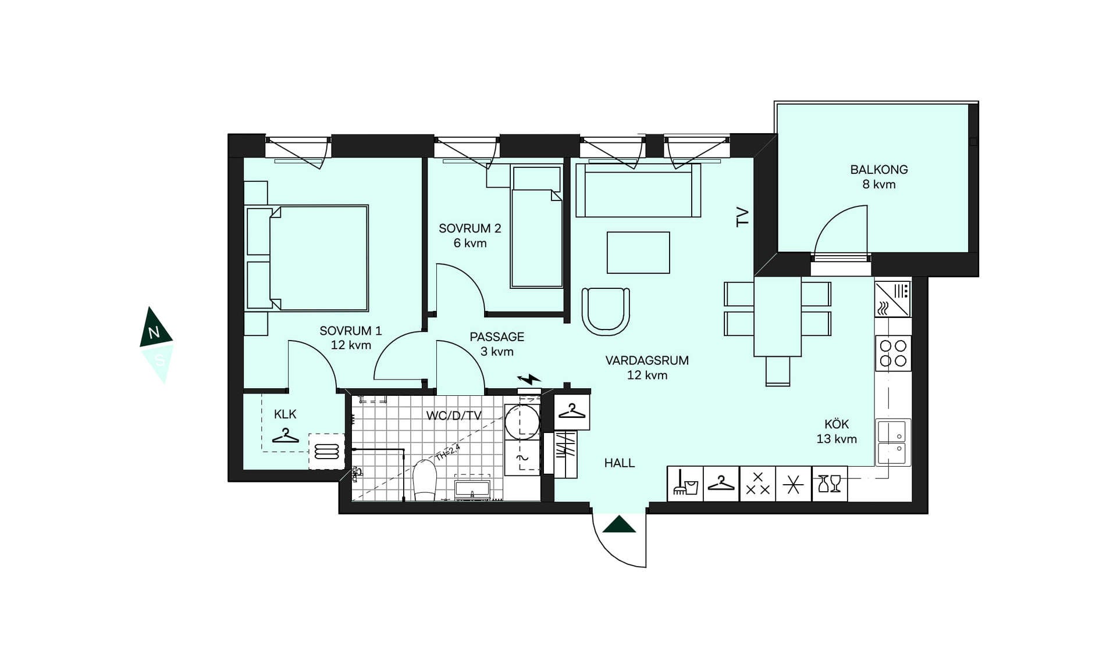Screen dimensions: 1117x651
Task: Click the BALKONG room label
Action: click(x=878, y=170)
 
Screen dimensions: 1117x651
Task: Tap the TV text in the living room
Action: click(x=742, y=217)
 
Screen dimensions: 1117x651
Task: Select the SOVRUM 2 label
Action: click(x=469, y=228)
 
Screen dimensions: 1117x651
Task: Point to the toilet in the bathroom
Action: click(x=425, y=480)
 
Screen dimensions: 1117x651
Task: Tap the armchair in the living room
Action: click(x=606, y=311)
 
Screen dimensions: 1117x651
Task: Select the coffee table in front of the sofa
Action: click(x=638, y=252)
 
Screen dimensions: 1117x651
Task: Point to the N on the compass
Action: click(x=154, y=333)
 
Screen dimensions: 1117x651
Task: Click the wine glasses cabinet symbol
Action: click(x=830, y=484)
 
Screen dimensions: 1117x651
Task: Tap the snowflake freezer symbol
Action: click(x=793, y=484)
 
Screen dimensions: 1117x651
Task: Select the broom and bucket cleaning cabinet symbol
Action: click(x=685, y=484)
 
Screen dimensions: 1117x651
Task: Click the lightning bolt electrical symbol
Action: click(x=529, y=379)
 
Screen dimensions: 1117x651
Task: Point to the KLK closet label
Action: click(x=285, y=414)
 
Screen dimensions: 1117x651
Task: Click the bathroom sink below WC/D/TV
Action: click(x=472, y=488)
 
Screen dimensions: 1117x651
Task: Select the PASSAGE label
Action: click(x=497, y=337)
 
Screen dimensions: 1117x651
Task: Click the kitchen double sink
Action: click(x=894, y=442)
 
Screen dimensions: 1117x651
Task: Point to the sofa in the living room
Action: click(x=638, y=190)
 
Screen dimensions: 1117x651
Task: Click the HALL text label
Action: click(x=619, y=463)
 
